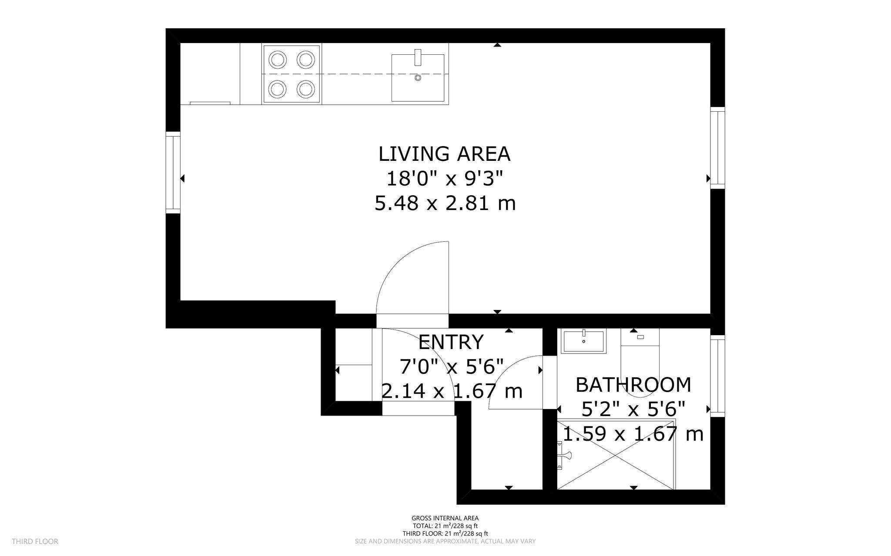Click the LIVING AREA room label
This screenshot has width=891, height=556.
[x=444, y=154]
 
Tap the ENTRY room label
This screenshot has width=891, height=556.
[x=451, y=342]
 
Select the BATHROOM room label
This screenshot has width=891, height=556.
[x=633, y=385]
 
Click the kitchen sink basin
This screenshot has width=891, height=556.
[x=418, y=78]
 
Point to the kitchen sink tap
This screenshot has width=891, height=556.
[x=418, y=57]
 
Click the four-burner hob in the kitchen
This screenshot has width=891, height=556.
[x=291, y=74]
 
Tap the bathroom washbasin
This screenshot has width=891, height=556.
[x=583, y=342]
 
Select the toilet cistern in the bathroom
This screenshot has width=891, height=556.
[x=640, y=337]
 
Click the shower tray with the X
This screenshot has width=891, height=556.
[x=616, y=454]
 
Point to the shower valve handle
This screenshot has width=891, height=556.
[x=564, y=455]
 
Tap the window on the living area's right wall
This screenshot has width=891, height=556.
[x=718, y=148]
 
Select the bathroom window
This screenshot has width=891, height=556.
[x=718, y=376]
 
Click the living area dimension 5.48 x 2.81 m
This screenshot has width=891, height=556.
[x=445, y=203]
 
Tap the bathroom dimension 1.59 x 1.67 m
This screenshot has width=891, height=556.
[x=633, y=434]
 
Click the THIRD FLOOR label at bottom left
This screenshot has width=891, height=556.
[x=35, y=542]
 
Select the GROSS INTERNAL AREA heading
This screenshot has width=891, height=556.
[x=445, y=518]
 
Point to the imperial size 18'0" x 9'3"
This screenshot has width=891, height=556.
[x=445, y=178]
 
